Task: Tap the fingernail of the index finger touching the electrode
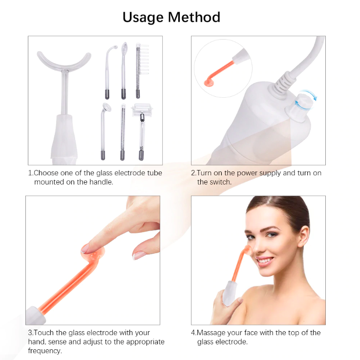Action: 87,249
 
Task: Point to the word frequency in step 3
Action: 45,351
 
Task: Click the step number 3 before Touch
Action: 30,333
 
